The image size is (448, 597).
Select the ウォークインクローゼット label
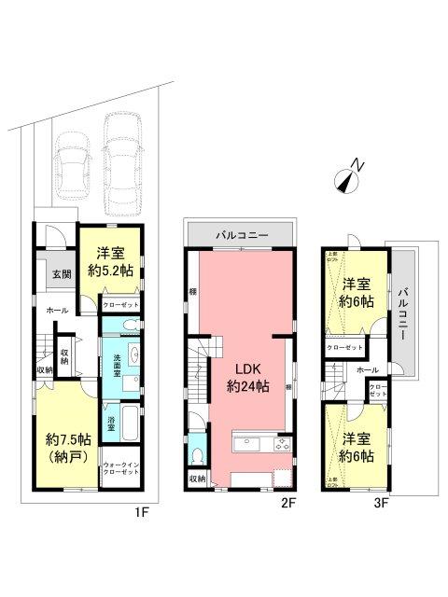click(x=120, y=470)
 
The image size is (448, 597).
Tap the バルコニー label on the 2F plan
click(x=242, y=229)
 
